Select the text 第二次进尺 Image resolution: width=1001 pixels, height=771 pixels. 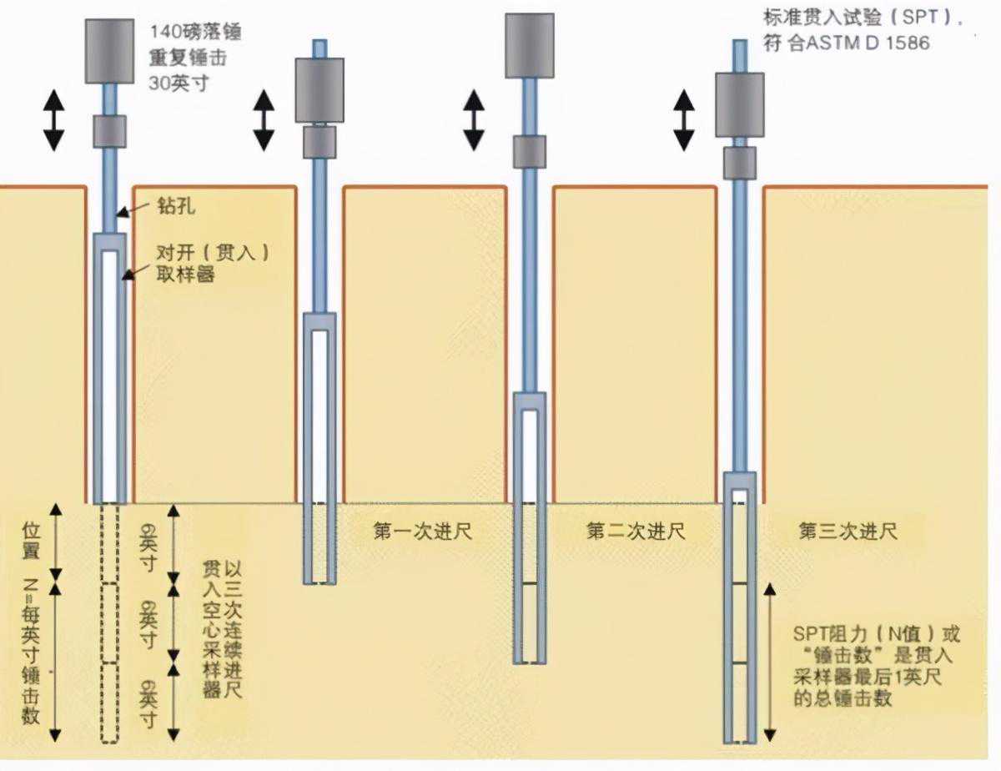[635, 531]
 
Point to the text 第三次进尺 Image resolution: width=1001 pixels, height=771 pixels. [848, 531]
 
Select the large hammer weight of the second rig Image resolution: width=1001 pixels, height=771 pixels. [319, 89]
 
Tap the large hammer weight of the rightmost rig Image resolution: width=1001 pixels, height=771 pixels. [739, 103]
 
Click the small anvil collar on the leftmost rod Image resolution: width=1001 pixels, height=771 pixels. [108, 131]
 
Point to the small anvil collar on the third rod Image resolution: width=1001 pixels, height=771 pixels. [529, 151]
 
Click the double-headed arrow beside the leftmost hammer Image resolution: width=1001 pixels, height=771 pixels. [53, 121]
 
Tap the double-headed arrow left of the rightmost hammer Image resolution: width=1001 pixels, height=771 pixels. [684, 121]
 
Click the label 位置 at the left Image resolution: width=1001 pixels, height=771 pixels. [31, 541]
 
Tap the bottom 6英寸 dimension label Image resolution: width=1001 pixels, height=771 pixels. [148, 703]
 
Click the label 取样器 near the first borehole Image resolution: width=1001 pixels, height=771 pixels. [185, 273]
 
